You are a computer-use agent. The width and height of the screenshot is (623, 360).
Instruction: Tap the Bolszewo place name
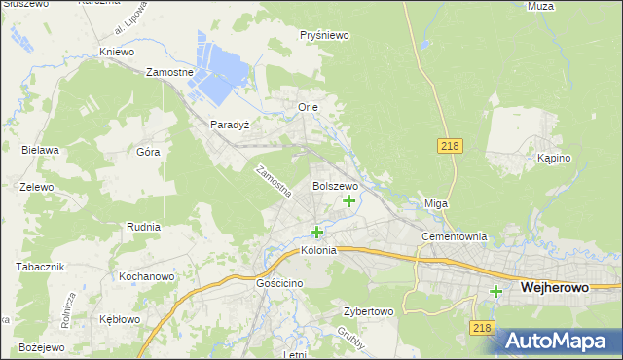click(335, 185)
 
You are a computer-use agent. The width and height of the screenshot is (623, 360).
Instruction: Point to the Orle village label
click(308, 107)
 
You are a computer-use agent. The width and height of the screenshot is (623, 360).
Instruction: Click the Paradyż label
click(230, 125)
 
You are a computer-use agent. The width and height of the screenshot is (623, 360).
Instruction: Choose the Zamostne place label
click(169, 72)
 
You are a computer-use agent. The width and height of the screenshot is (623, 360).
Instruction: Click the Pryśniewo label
click(325, 35)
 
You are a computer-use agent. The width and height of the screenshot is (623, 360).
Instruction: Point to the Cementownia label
click(453, 236)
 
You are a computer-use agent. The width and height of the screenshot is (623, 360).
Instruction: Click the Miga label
click(435, 203)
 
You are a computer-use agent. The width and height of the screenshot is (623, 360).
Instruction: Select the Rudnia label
click(143, 227)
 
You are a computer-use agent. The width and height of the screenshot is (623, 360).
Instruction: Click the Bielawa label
click(41, 150)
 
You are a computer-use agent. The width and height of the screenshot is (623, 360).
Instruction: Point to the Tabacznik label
click(40, 267)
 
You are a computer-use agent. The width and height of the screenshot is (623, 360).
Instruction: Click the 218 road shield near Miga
click(449, 145)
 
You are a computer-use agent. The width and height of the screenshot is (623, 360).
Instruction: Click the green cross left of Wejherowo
click(496, 291)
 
